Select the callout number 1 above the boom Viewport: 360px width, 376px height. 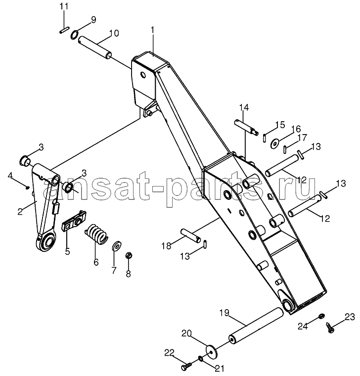152,31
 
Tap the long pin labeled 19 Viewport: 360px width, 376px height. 256,326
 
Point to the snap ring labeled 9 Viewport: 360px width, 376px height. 74,35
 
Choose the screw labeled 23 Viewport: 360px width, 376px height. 330,328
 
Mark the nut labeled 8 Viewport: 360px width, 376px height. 129,255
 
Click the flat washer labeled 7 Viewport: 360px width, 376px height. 117,245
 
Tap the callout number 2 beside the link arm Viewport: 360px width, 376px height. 20,211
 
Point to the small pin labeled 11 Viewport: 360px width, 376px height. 64,31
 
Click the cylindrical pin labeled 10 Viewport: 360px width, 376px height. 95,47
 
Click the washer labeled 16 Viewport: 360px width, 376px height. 275,143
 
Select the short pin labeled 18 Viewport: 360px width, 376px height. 191,235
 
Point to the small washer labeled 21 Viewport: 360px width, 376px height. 200,359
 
